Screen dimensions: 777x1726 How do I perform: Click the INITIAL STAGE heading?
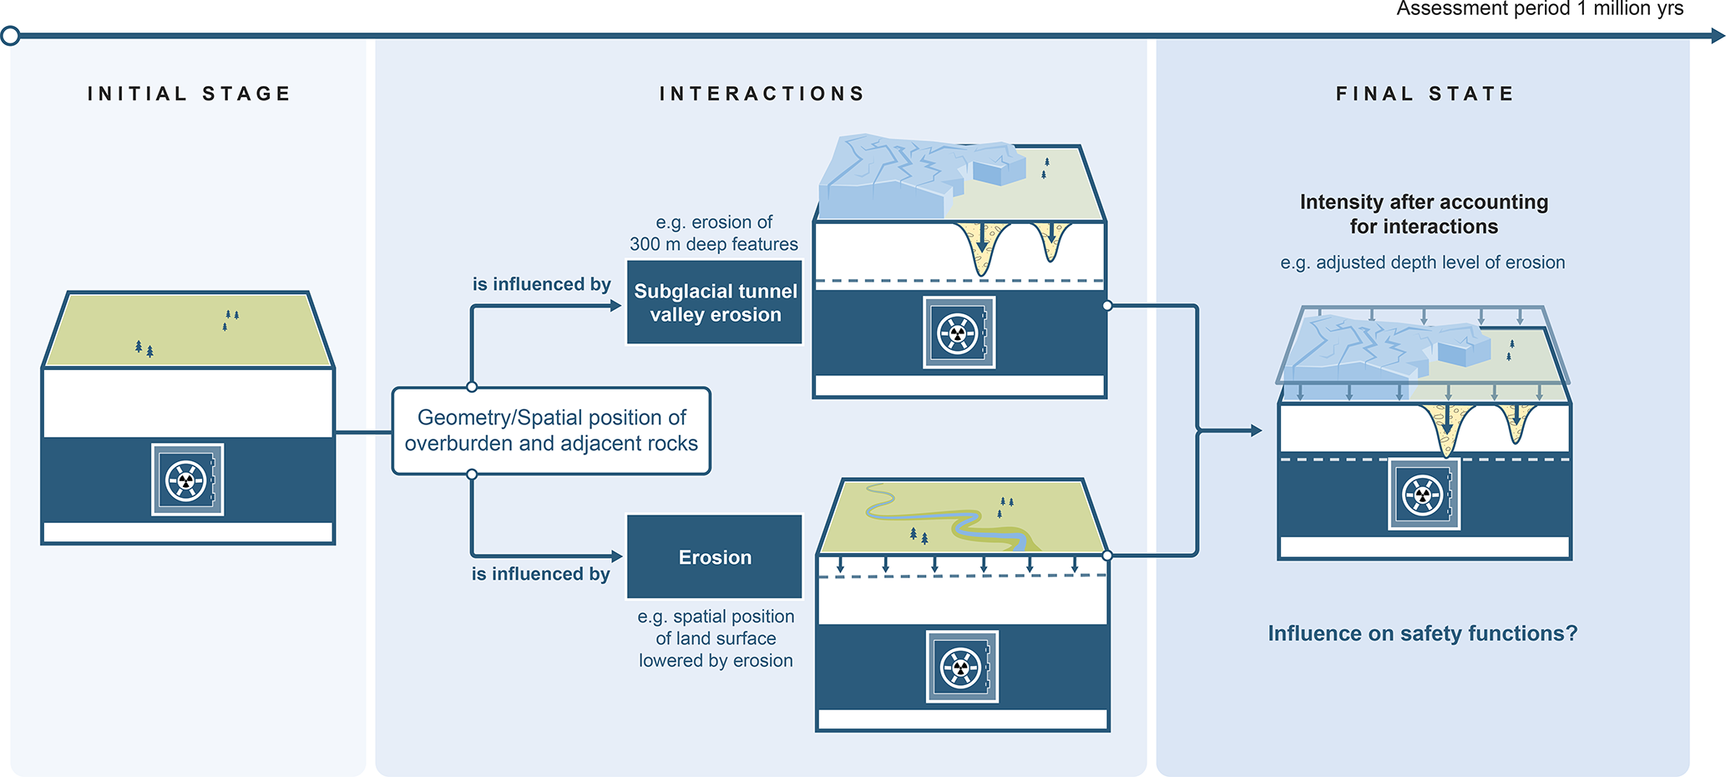pos(190,94)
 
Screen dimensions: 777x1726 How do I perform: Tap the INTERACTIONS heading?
pos(762,94)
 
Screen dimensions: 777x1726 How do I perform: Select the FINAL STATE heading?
pos(1425,94)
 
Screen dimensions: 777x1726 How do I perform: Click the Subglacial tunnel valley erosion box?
pos(715,302)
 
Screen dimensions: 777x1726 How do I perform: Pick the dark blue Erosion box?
pos(715,556)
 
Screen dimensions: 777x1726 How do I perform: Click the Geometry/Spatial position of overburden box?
pos(551,430)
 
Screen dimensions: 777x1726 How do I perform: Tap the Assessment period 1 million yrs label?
pos(1540,9)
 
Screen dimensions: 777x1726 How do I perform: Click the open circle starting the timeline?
pos(11,36)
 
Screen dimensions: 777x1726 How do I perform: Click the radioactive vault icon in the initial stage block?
pos(187,480)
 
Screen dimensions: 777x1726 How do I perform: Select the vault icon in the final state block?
pos(1424,494)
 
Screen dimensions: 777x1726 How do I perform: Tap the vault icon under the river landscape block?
pos(962,667)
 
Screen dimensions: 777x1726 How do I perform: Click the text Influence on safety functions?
pos(1423,633)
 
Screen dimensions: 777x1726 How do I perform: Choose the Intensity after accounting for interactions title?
pos(1424,214)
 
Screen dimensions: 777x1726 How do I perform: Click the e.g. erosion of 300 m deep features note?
pos(714,233)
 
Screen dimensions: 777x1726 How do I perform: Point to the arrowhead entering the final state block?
pos(1256,430)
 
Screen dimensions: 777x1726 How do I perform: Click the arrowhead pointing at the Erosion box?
pos(617,556)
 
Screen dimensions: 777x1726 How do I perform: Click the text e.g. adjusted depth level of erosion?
pos(1423,262)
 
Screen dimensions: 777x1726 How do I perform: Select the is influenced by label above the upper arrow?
pos(541,284)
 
